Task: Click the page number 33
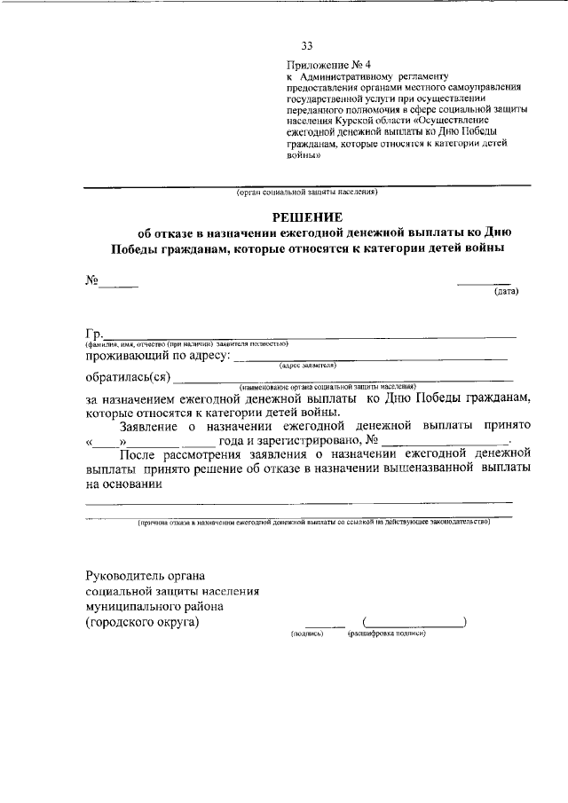click(x=307, y=46)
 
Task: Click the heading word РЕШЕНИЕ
click(x=307, y=217)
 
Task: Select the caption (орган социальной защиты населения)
click(x=307, y=192)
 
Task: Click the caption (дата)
click(x=506, y=290)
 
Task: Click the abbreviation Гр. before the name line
click(x=94, y=333)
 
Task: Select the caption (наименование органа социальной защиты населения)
click(x=327, y=387)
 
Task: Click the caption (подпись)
click(x=307, y=634)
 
